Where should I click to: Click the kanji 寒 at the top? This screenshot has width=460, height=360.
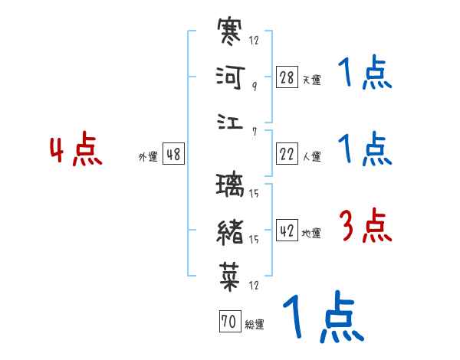(231, 34)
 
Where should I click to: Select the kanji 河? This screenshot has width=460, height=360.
(231, 78)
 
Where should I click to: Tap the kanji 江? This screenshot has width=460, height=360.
(231, 123)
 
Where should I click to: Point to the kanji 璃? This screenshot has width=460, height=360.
(231, 186)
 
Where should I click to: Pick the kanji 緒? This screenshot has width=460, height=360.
(231, 231)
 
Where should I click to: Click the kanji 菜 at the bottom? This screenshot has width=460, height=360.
(231, 275)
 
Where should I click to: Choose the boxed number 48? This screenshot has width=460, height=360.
(174, 155)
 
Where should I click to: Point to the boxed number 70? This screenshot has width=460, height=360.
(229, 322)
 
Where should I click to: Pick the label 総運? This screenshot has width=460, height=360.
(255, 325)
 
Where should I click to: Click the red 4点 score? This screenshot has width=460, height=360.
(76, 151)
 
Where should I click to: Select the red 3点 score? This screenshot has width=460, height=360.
(365, 225)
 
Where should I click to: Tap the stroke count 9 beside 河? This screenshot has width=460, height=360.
(254, 87)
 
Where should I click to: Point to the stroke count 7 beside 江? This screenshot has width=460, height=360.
(254, 131)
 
